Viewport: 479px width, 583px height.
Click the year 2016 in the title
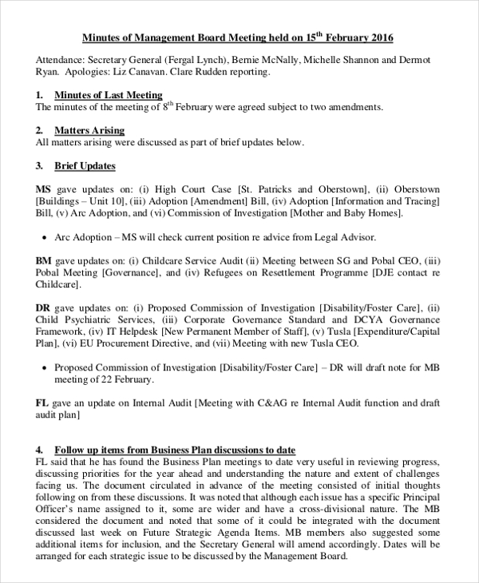pos(380,38)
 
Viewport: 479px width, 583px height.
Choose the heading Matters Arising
pos(89,130)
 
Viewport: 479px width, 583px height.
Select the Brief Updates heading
pos(85,166)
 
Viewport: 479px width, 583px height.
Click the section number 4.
pos(39,450)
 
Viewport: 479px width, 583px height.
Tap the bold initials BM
pos(44,260)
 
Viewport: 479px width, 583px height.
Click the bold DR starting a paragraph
pos(43,307)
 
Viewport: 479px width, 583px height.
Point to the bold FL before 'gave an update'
pos(43,403)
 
